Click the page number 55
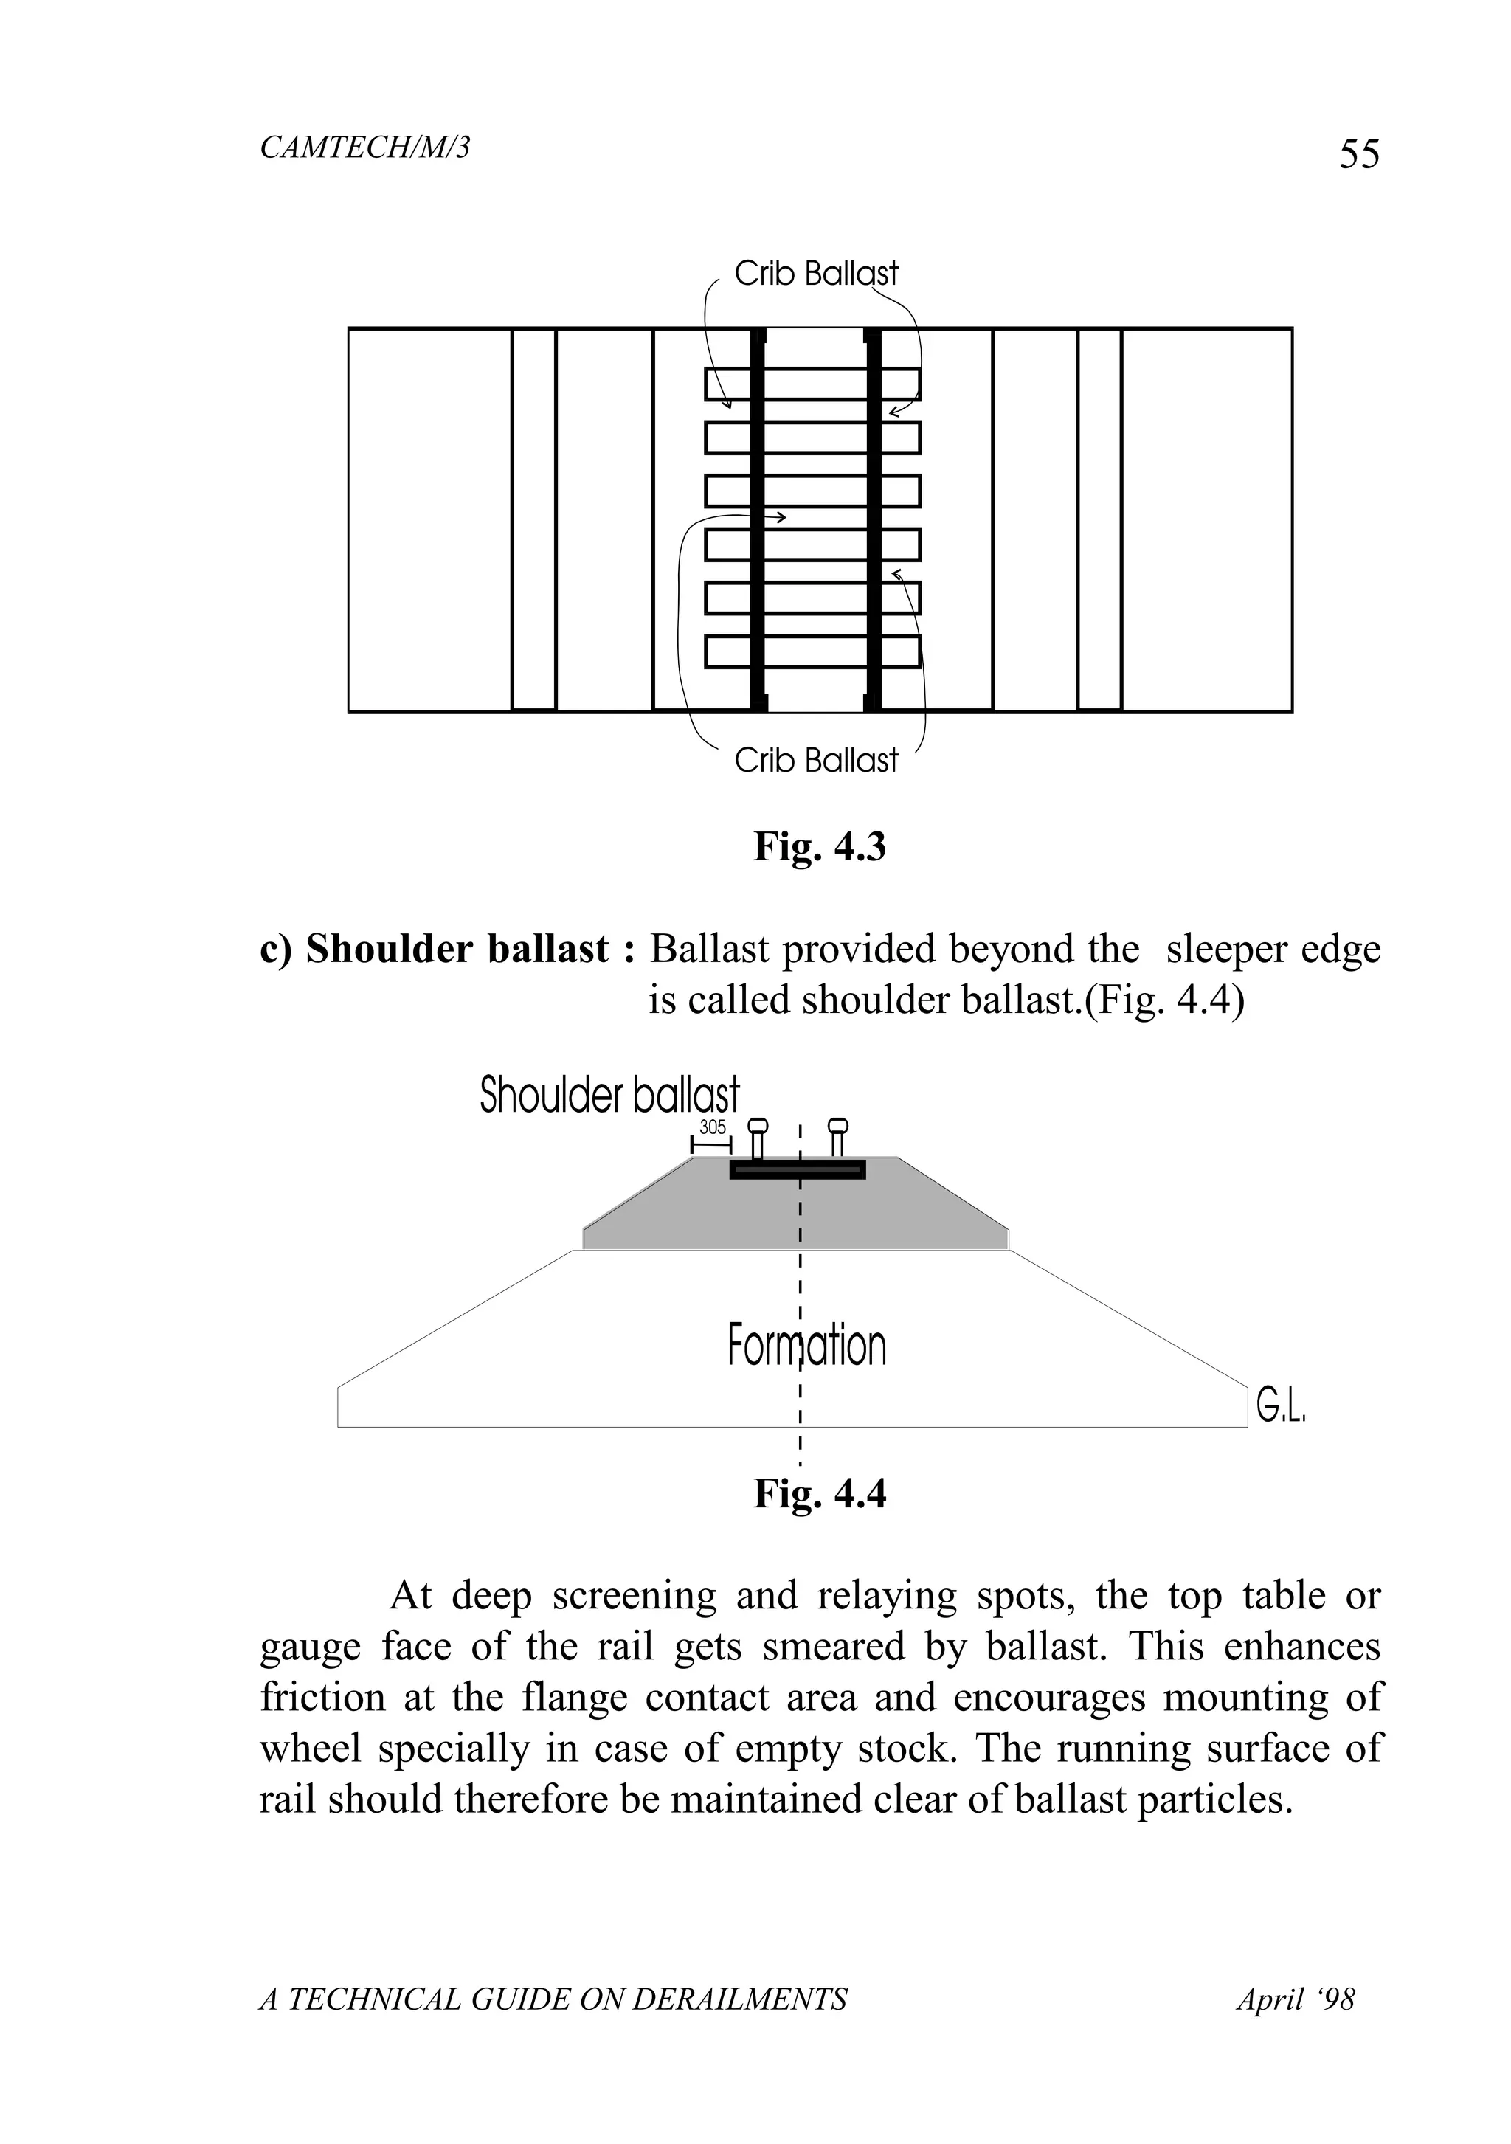pos(1359,154)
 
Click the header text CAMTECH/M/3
pos(364,148)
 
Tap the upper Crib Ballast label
pos(815,274)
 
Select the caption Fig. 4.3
pos(819,846)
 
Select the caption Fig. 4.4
pos(819,1493)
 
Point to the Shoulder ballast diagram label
pos(609,1096)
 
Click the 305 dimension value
pos(713,1127)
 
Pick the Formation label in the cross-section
pos(806,1346)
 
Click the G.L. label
pos(1280,1405)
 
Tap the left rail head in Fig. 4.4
pos(758,1125)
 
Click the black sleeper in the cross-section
pos(798,1169)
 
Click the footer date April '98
pos(1296,1999)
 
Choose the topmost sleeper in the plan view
pos(812,384)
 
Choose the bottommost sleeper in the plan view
pos(812,651)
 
